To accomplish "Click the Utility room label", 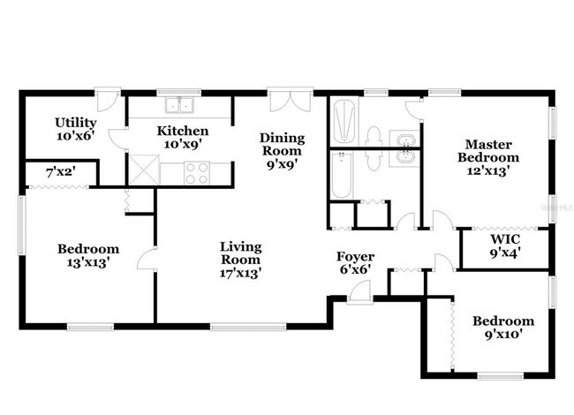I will click(x=75, y=123).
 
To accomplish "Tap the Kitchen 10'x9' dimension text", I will click(x=183, y=144).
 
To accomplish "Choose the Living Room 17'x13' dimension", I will click(x=240, y=273).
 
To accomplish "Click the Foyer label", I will click(x=355, y=257).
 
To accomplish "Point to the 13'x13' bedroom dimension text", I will click(x=88, y=262).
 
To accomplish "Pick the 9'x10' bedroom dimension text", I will click(x=502, y=335).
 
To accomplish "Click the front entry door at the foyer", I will click(x=360, y=292).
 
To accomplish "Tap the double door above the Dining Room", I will click(x=290, y=99).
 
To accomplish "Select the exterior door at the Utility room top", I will click(x=109, y=98).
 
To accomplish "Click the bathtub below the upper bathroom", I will click(x=342, y=176).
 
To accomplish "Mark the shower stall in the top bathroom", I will click(x=344, y=122).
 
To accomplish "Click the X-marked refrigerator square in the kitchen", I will click(x=142, y=169).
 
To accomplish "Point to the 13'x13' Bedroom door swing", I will click(x=147, y=259).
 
